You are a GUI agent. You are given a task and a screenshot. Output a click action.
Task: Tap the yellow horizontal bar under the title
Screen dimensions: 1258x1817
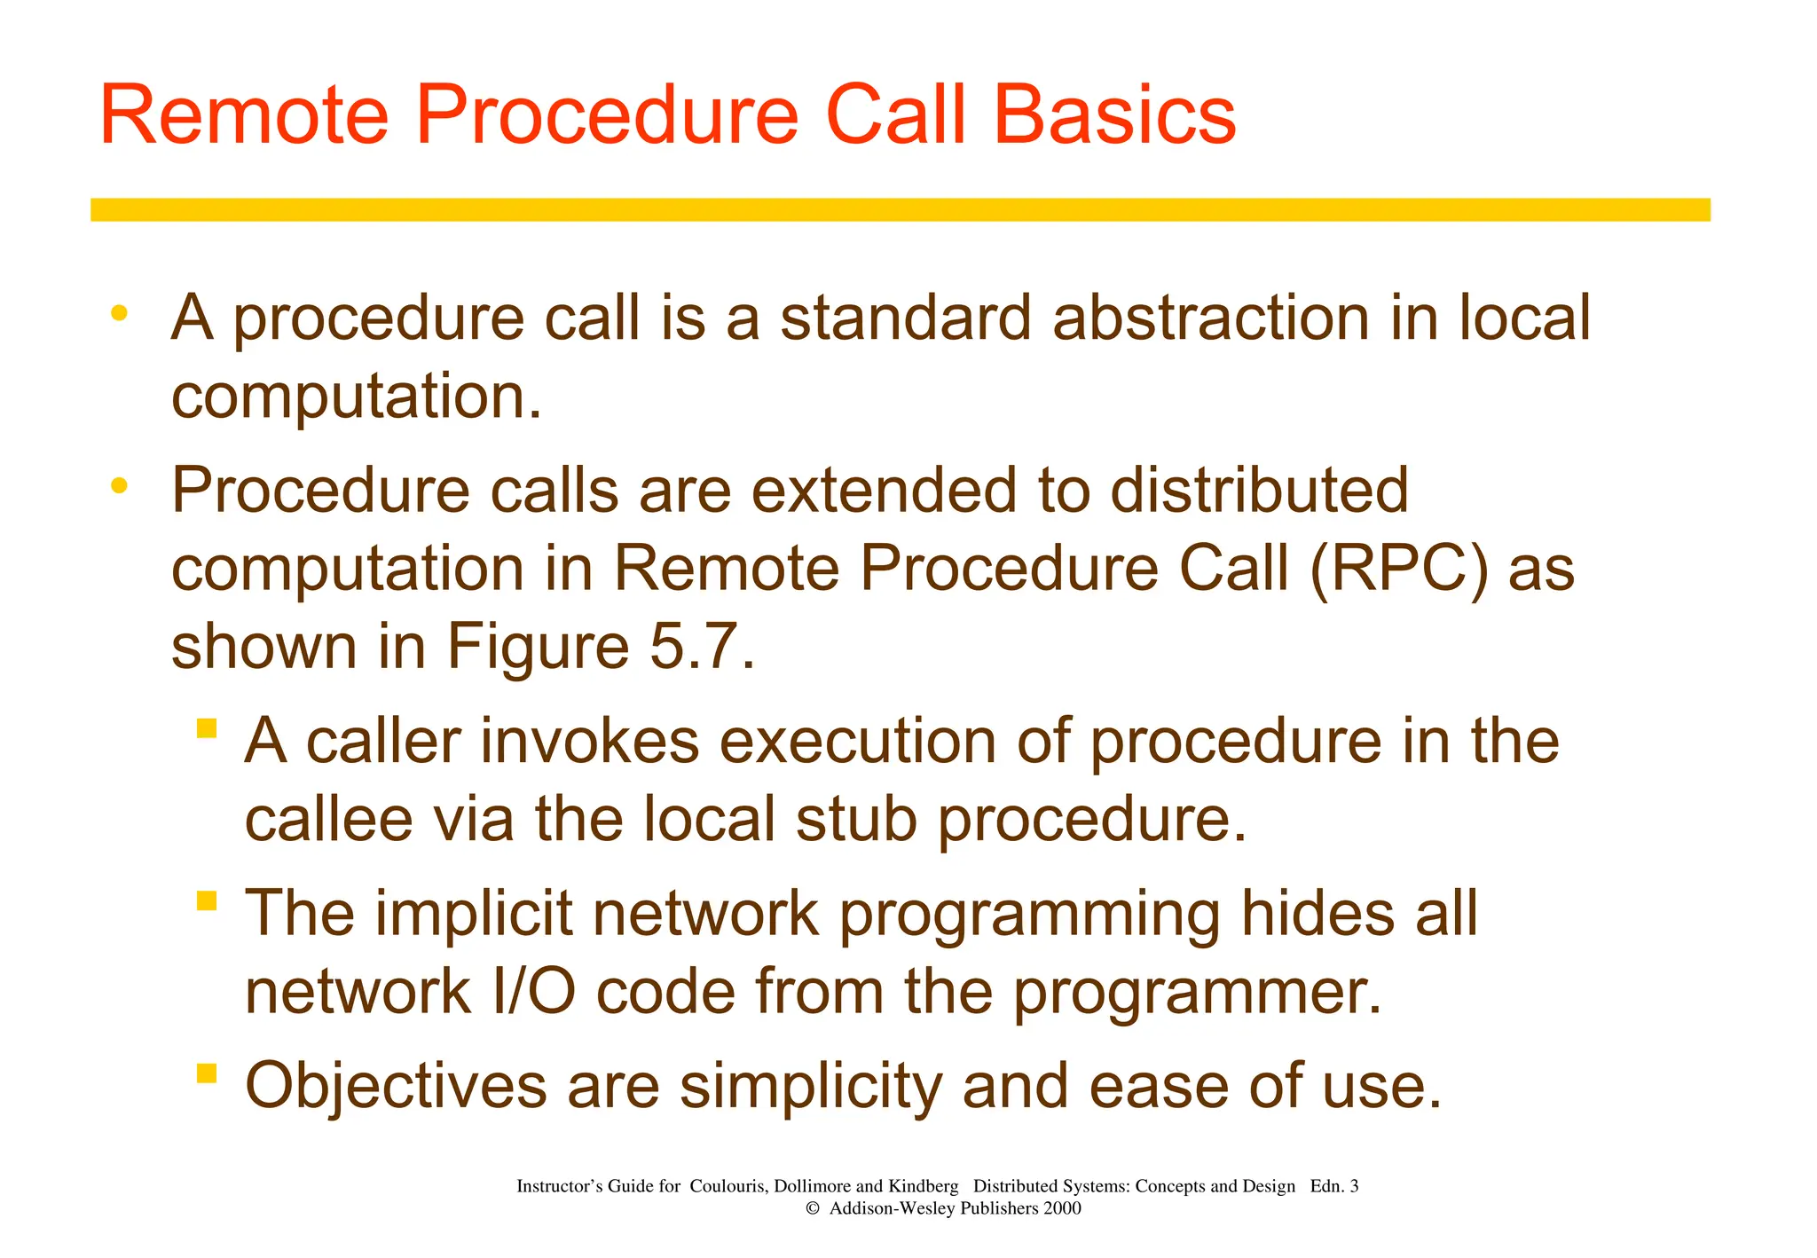point(900,209)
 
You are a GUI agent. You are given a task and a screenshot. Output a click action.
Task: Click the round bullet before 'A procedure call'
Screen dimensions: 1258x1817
point(119,313)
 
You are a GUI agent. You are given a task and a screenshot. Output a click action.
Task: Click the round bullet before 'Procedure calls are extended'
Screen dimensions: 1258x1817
point(119,485)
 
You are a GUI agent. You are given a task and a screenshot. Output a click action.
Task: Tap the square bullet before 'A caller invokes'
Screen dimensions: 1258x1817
point(207,728)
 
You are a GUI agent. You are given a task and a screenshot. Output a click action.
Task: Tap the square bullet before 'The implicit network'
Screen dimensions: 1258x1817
point(207,900)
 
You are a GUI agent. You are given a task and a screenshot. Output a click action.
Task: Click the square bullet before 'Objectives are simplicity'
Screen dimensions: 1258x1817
point(207,1073)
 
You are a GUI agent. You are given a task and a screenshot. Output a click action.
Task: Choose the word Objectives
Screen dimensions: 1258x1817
point(396,1086)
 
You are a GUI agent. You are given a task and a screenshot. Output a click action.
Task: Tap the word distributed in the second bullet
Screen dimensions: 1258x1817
point(1259,490)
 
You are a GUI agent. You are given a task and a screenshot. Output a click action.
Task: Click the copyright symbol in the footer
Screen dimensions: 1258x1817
point(811,1208)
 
